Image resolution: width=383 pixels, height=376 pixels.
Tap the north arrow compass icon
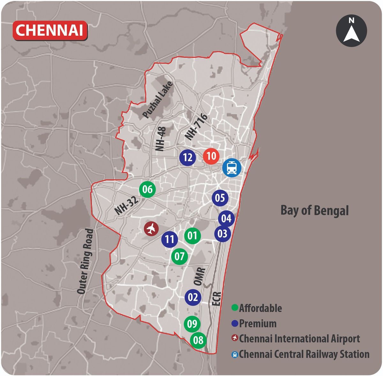[351, 31]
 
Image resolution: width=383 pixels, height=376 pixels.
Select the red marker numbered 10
[211, 156]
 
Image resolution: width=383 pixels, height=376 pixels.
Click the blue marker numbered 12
[188, 157]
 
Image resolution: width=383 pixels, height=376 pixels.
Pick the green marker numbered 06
[147, 189]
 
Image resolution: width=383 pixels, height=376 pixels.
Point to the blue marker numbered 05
[220, 198]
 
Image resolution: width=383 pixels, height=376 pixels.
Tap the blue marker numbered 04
[226, 219]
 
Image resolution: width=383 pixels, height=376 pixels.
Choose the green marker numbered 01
[192, 236]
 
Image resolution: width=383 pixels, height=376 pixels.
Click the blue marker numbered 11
[169, 239]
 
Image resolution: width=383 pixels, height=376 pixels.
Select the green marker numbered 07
[179, 256]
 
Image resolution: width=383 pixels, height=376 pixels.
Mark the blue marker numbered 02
[193, 297]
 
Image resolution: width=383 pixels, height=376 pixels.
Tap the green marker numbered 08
[198, 340]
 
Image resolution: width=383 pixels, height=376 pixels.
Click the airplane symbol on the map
[152, 229]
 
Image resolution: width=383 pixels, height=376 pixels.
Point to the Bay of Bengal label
[314, 211]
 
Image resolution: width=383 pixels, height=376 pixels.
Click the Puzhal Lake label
[158, 100]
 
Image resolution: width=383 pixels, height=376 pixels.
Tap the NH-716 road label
[196, 127]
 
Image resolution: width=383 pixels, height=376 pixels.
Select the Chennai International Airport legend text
[299, 339]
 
